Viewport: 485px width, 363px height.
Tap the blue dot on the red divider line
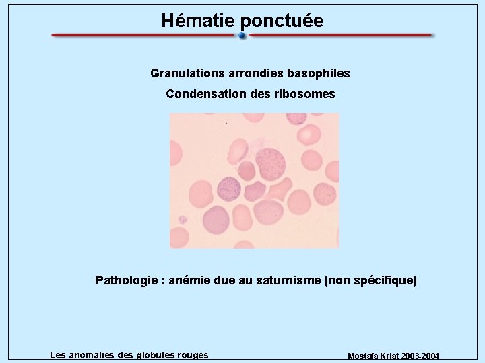tap(243, 36)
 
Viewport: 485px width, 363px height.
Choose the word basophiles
tap(321, 73)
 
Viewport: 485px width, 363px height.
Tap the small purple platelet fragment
tap(182, 219)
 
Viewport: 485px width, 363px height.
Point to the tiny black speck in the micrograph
tap(226, 124)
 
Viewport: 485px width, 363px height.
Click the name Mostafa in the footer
tap(364, 356)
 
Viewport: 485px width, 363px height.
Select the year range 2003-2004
tap(418, 356)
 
